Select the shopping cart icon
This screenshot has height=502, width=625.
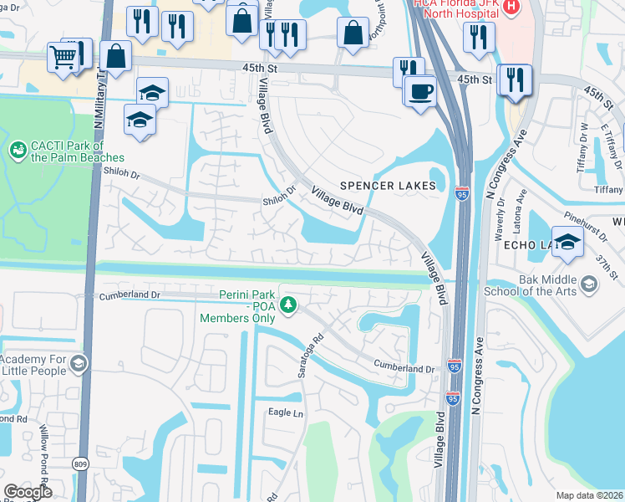(63, 57)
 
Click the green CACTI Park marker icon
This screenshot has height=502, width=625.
(17, 150)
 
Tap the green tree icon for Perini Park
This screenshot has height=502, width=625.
(288, 305)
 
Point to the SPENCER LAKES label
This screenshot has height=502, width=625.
(388, 185)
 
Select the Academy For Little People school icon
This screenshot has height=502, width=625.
(78, 363)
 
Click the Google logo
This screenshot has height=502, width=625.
(28, 492)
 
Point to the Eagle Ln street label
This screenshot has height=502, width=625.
(284, 412)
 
